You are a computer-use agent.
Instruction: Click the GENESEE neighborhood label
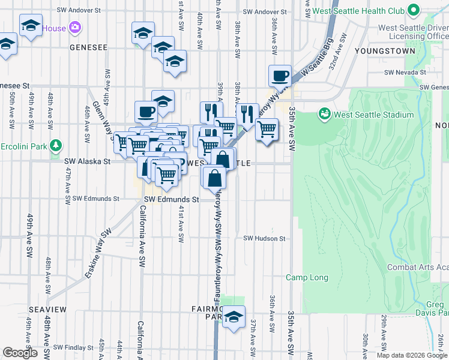pos(88,47)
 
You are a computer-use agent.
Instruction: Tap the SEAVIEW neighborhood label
pos(47,308)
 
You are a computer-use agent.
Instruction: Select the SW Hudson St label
pos(264,238)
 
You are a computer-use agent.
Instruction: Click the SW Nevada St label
pos(405,73)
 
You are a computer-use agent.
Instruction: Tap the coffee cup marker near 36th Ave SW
pos(280,77)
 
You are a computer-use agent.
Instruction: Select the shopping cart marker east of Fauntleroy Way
pos(267,128)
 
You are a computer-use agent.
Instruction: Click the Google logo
pos(20,353)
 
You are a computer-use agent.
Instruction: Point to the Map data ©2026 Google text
pos(412,355)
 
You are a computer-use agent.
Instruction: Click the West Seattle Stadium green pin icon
pos(325,113)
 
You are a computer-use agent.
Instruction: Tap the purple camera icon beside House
pos(74,28)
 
